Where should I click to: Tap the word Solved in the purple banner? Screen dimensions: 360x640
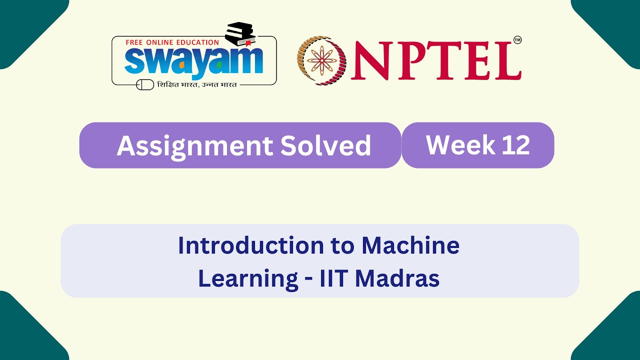[325, 145]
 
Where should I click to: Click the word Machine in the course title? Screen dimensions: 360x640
[410, 245]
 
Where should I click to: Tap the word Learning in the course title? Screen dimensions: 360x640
[248, 278]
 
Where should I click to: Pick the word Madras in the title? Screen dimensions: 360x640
[397, 278]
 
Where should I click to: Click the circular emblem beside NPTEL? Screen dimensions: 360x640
[322, 60]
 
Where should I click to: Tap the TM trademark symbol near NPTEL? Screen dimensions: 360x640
[517, 40]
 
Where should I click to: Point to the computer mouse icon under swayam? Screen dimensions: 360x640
[145, 84]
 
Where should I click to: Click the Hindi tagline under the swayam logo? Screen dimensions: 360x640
[196, 84]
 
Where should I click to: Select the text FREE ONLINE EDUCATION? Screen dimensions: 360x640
[172, 42]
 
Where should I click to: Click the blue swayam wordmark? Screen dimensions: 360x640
[193, 61]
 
